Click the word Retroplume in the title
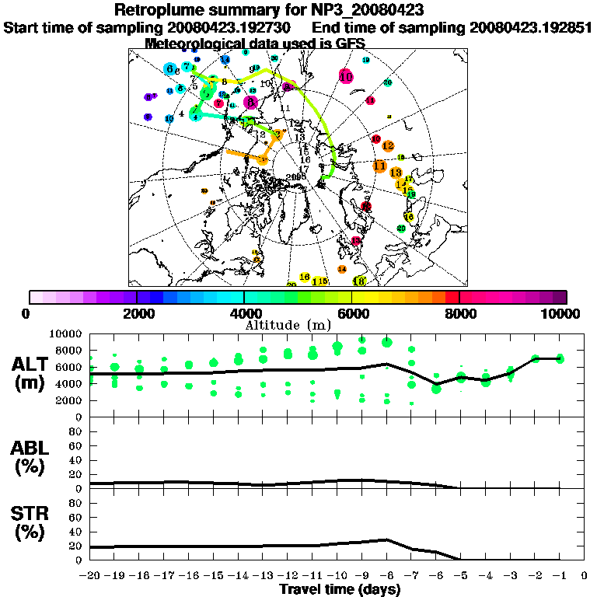pyautogui.click(x=160, y=10)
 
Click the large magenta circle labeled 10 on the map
pyautogui.click(x=346, y=76)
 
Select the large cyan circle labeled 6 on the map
pyautogui.click(x=170, y=69)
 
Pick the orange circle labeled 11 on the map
pyautogui.click(x=379, y=166)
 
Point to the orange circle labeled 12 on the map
pyautogui.click(x=388, y=146)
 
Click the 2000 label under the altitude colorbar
pyautogui.click(x=137, y=313)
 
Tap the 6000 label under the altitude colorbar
pyautogui.click(x=351, y=313)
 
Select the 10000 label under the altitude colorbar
pyautogui.click(x=560, y=313)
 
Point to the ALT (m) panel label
pyautogui.click(x=31, y=373)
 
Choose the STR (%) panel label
pyautogui.click(x=31, y=522)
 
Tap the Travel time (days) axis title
pyautogui.click(x=340, y=590)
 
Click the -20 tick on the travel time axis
pyautogui.click(x=91, y=576)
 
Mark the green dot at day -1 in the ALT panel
pyautogui.click(x=560, y=358)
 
